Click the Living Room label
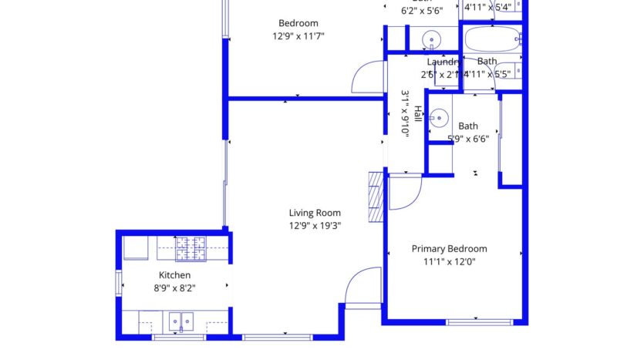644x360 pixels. click(x=315, y=214)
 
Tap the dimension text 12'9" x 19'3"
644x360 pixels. click(x=315, y=226)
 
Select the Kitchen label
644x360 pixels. click(x=174, y=275)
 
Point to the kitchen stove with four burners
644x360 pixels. click(x=191, y=247)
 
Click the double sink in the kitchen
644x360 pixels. click(x=181, y=319)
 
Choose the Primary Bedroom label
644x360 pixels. click(x=449, y=249)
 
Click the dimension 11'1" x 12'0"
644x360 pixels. click(x=449, y=261)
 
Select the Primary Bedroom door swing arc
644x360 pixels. click(x=404, y=193)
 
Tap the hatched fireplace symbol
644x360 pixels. click(x=376, y=197)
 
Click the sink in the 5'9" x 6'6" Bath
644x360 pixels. click(x=438, y=119)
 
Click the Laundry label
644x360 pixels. click(x=443, y=62)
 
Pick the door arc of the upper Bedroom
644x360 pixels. click(x=367, y=77)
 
